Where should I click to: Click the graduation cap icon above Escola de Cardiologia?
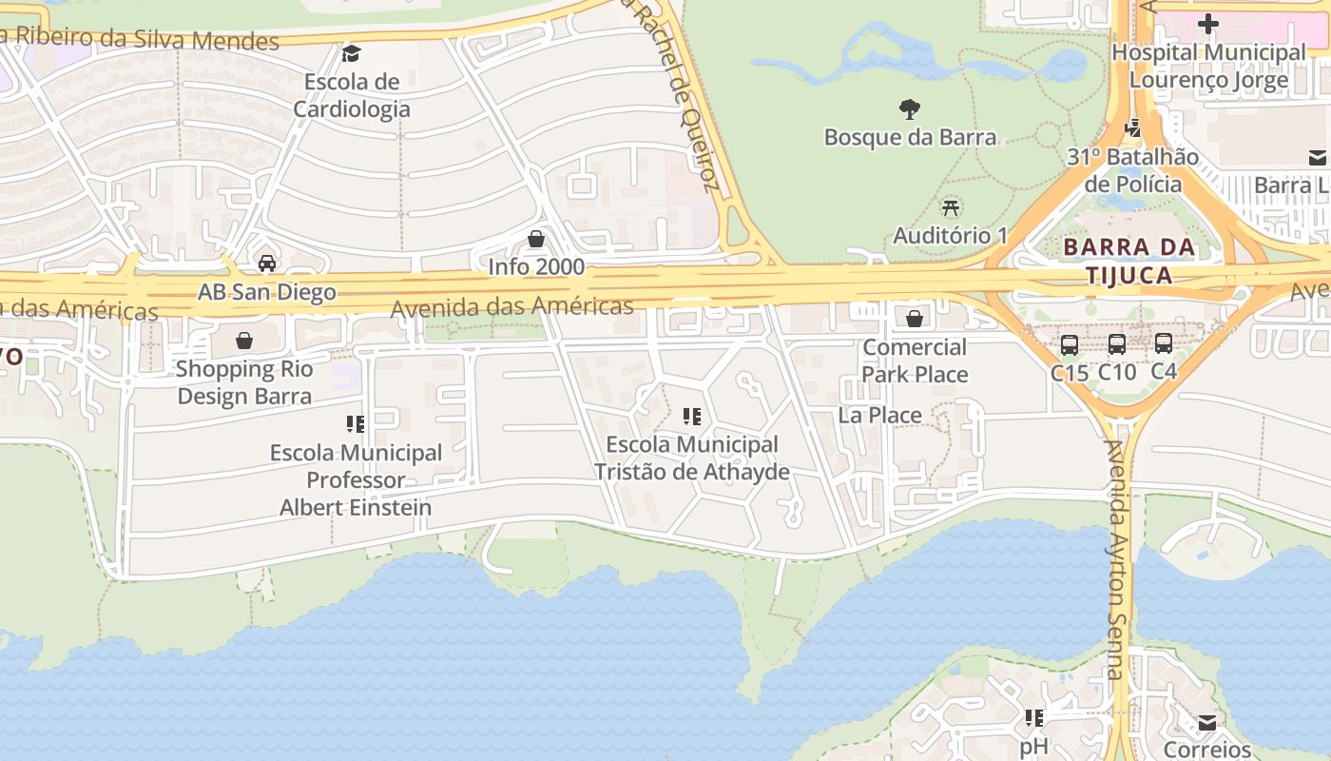tap(352, 53)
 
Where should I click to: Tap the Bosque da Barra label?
tap(910, 137)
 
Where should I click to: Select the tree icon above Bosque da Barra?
tap(910, 109)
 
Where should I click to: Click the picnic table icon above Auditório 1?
tap(950, 207)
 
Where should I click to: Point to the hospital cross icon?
tap(1208, 24)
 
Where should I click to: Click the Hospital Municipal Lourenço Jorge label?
tap(1208, 67)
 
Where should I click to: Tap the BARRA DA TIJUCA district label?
tap(1128, 262)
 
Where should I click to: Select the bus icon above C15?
tap(1070, 344)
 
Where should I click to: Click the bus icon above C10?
tap(1117, 344)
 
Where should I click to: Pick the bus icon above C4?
tap(1164, 343)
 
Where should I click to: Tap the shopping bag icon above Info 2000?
tap(536, 239)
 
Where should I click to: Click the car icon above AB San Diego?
tap(267, 263)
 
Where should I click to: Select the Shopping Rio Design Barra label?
tap(244, 382)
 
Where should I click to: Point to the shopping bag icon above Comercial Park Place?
tap(915, 319)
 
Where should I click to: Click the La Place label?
tap(879, 416)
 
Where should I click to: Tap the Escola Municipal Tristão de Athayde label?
tap(691, 458)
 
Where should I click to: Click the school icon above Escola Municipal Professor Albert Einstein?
tap(356, 424)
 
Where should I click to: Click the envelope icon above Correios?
tap(1206, 723)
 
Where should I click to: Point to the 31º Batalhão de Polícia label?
tap(1132, 170)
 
